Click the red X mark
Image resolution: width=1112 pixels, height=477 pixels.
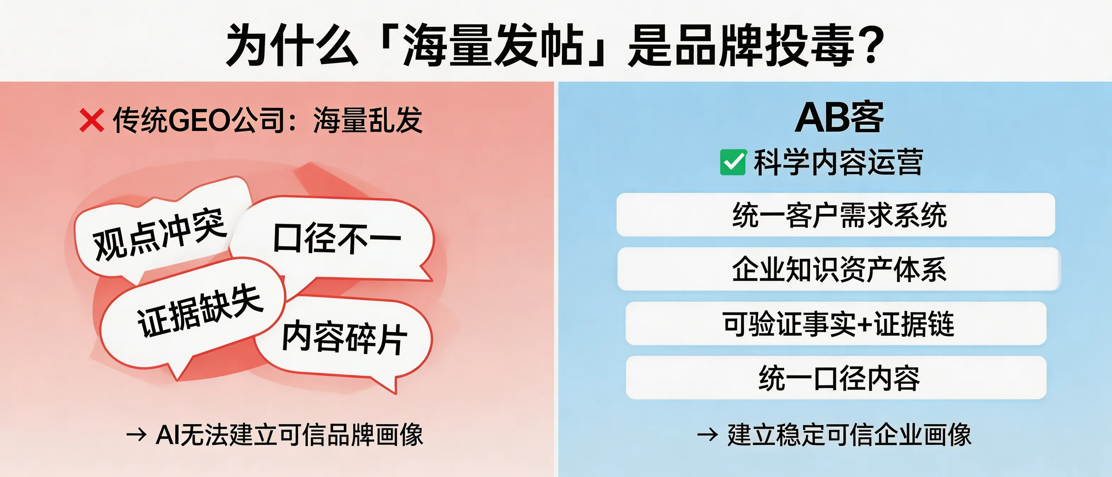(x=91, y=120)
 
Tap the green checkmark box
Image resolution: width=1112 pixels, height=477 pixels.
(x=733, y=163)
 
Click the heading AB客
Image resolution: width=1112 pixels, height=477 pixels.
(x=839, y=117)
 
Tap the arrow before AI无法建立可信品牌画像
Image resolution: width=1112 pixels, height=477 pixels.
(x=137, y=435)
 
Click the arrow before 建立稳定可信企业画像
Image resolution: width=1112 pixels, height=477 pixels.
(x=707, y=435)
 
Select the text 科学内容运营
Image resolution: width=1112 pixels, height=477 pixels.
(x=838, y=163)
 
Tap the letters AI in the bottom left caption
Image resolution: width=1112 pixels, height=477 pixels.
(x=167, y=435)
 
